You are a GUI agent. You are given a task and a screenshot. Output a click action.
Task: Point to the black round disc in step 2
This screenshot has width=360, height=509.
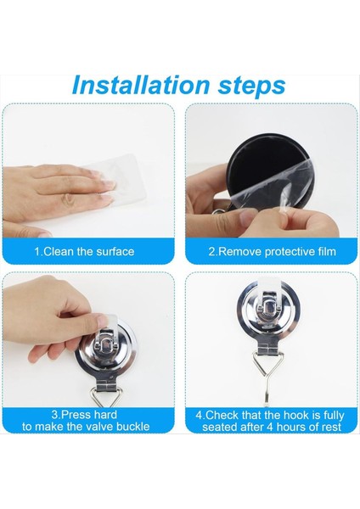point(255,156)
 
